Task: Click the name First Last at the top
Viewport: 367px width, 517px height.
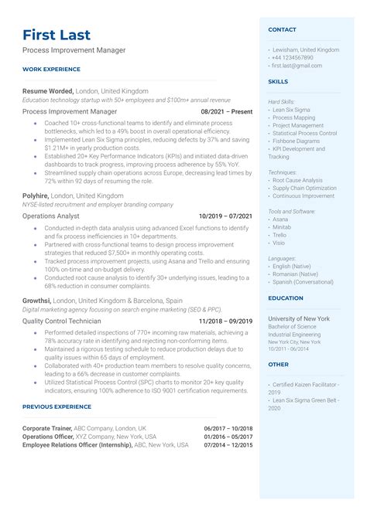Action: [57, 35]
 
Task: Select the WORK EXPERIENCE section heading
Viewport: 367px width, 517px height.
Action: [50, 70]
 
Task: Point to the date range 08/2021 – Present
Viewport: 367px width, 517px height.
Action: [226, 111]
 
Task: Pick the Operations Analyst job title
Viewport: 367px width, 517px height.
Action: [50, 216]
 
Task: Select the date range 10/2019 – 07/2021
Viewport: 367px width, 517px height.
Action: [225, 216]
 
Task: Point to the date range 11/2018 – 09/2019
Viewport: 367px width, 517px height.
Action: [225, 321]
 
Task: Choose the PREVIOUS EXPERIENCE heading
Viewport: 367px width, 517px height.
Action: [57, 406]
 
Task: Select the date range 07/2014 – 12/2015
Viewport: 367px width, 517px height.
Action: [228, 445]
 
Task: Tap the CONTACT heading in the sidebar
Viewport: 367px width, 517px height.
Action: [282, 29]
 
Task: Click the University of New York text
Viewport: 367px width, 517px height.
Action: [299, 318]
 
